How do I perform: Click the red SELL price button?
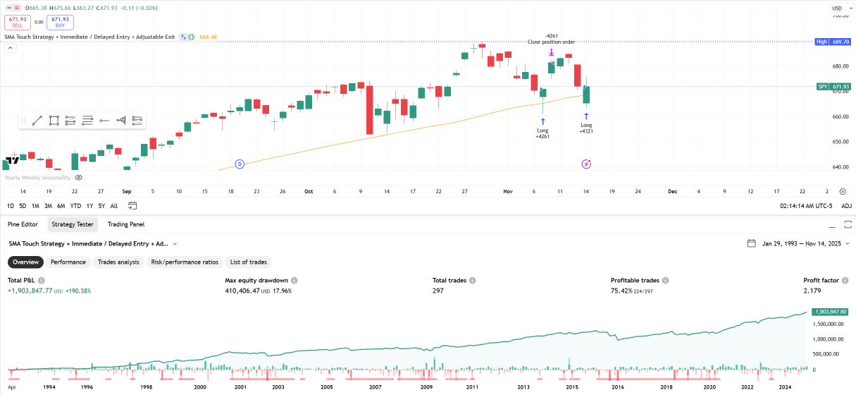tap(17, 22)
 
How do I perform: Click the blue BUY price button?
tap(61, 22)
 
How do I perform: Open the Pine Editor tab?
tap(23, 224)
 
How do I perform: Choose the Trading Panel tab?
tap(126, 224)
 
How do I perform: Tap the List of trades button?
tap(249, 262)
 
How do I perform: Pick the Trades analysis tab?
tap(118, 262)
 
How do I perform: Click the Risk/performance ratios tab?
tap(185, 262)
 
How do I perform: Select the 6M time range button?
tap(61, 206)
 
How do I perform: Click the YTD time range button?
tap(75, 206)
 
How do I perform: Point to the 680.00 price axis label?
tap(838, 66)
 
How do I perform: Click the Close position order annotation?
tap(551, 42)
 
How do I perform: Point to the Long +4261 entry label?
tap(542, 133)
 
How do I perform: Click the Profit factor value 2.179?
tap(812, 291)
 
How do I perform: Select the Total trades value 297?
tap(438, 291)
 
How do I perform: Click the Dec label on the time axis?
tap(672, 191)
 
